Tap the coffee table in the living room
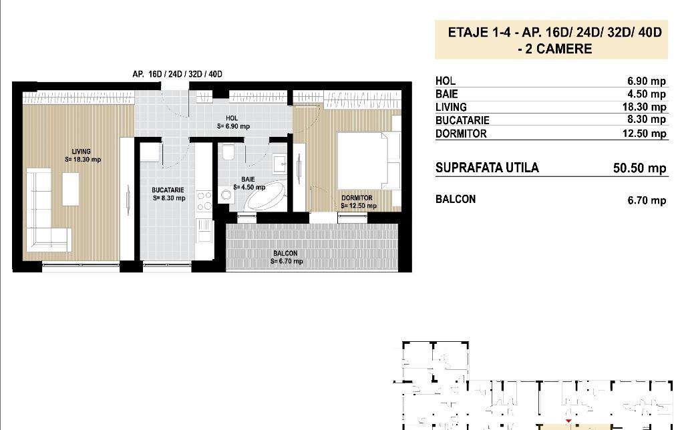click(71, 188)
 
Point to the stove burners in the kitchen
click(204, 200)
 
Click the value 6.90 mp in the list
click(647, 81)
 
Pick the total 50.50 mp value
click(639, 168)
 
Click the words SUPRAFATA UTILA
click(486, 168)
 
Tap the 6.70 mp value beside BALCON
click(647, 200)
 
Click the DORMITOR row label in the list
click(461, 134)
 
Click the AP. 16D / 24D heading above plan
click(177, 73)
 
